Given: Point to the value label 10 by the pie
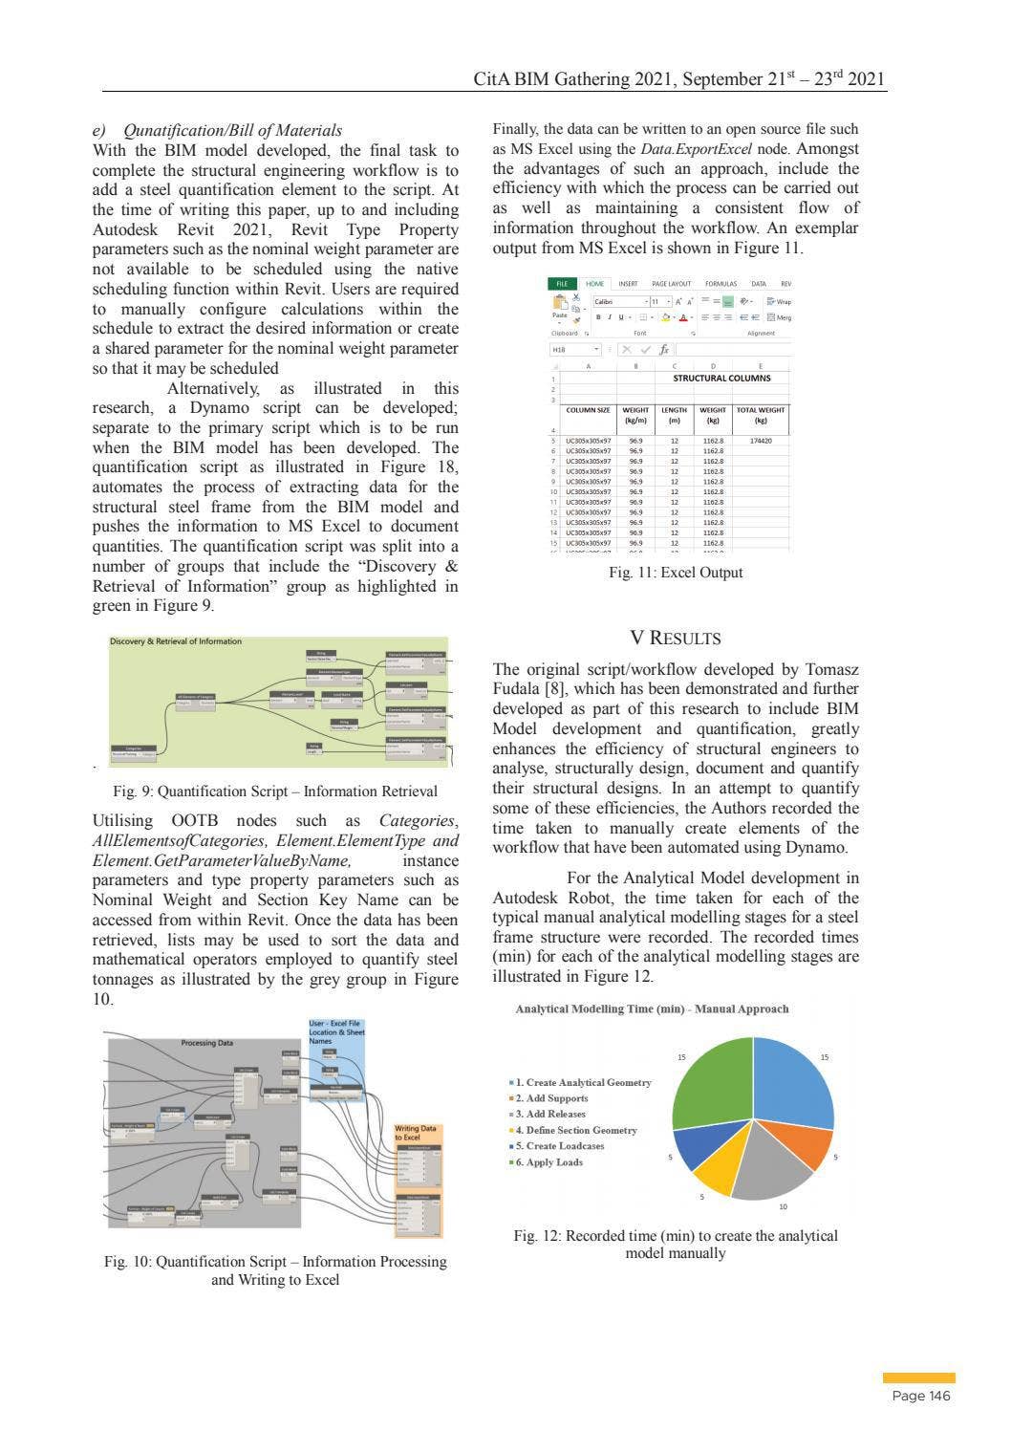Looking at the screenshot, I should (784, 1206).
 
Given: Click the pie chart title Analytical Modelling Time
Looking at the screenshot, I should (652, 1008).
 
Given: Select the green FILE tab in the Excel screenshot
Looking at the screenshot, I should (563, 284).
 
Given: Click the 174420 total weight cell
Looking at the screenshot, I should (761, 441).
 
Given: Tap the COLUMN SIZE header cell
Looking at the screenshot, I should (588, 410).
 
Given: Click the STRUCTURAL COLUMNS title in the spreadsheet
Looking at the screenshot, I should (721, 378).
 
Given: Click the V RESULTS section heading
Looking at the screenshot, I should (675, 638).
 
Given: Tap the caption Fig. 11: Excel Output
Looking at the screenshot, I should (675, 573).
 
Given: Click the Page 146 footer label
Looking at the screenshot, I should (919, 1397).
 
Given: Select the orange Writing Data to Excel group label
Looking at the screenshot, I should (415, 1133).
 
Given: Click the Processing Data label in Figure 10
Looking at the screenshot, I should (206, 1043).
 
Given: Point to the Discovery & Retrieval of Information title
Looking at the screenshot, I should (176, 641).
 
